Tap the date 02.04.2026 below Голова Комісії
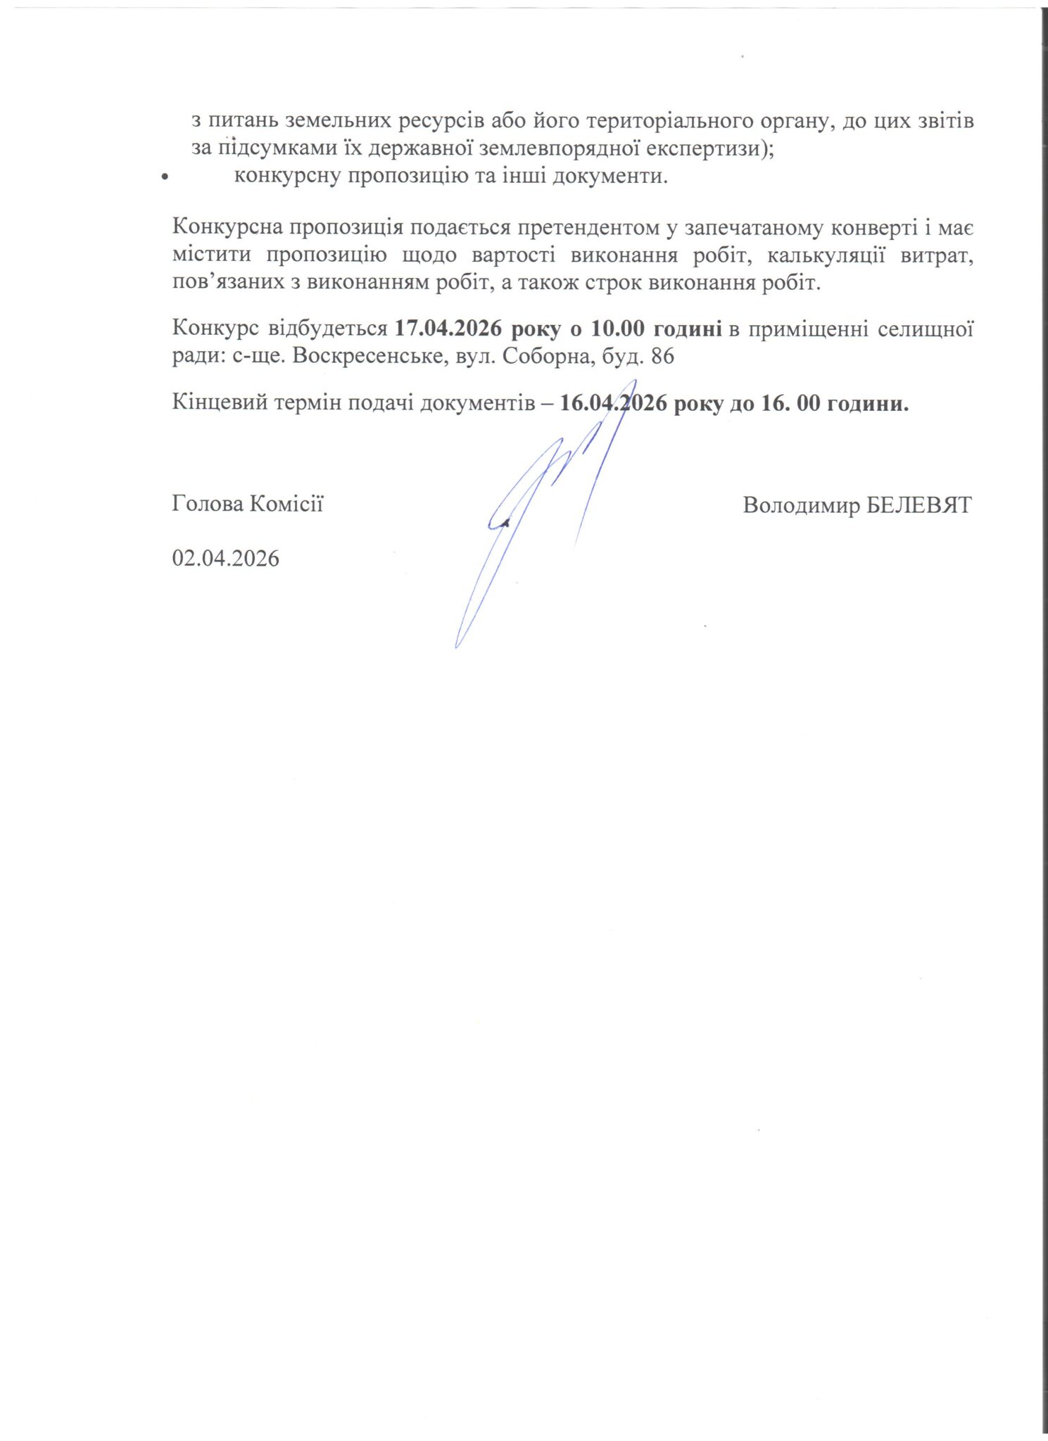point(225,559)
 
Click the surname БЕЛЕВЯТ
point(918,506)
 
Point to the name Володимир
point(800,506)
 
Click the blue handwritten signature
point(542,507)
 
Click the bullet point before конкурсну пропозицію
point(164,177)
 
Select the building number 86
point(662,356)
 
